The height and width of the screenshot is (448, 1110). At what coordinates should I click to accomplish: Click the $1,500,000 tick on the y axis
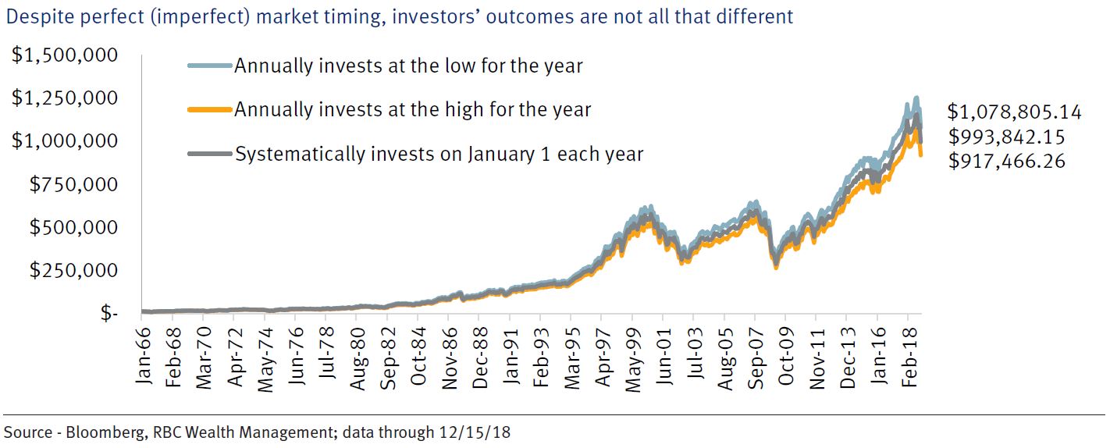tap(64, 55)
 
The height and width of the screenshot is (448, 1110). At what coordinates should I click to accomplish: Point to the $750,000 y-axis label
tap(75, 184)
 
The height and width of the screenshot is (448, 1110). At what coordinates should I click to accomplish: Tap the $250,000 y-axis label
tap(75, 270)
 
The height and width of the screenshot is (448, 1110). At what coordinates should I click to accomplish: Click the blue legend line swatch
tap(210, 66)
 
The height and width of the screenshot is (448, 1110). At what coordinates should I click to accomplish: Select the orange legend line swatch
tap(210, 110)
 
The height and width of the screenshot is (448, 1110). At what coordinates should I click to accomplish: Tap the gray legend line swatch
tap(210, 155)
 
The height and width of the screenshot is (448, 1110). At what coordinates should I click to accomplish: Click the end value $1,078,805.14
tap(1014, 112)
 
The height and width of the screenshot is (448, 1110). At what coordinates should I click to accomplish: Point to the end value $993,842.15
tap(1006, 137)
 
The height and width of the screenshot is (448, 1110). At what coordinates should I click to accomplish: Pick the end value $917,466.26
tap(1006, 162)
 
